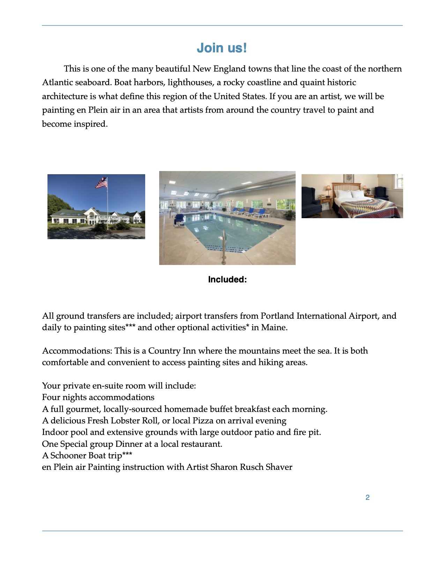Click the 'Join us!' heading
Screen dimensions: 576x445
click(x=222, y=48)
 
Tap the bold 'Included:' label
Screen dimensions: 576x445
click(x=227, y=280)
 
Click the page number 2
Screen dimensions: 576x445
click(x=368, y=497)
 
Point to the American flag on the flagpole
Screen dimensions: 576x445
click(x=102, y=183)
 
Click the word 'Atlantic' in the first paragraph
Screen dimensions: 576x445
click(x=57, y=82)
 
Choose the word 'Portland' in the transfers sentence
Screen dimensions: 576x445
click(x=277, y=316)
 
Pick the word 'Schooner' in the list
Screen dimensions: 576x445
click(x=68, y=456)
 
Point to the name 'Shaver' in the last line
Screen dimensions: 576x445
click(x=279, y=467)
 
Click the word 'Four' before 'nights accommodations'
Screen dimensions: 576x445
click(x=51, y=397)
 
